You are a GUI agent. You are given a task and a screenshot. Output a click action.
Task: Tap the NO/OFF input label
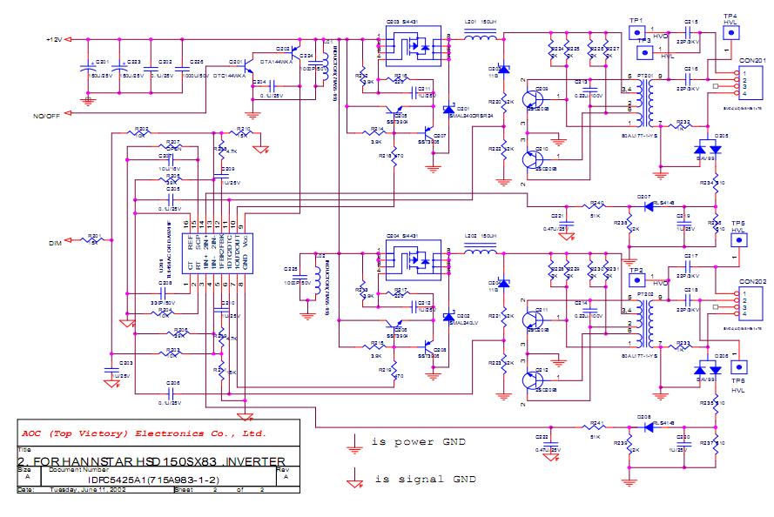(x=47, y=116)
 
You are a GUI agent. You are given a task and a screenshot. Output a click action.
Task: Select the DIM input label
(x=53, y=244)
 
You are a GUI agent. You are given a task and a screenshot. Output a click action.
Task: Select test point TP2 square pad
(x=635, y=283)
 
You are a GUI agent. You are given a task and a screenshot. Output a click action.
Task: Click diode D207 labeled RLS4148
(x=644, y=207)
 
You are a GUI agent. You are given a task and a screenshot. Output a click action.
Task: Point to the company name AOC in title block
(x=33, y=433)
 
